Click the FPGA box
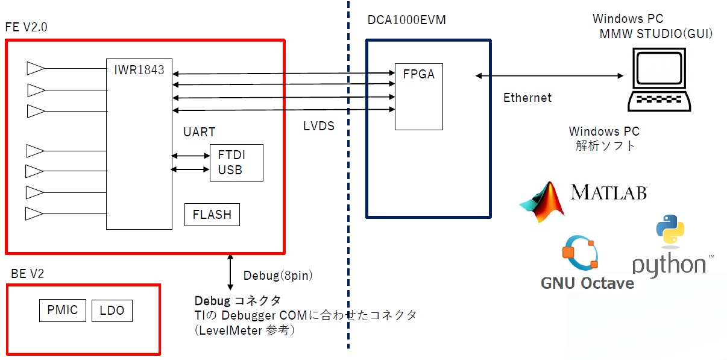419,96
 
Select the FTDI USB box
236,163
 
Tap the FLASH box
212,215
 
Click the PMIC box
63,311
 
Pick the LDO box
112,311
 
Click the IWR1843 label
139,69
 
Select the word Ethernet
527,97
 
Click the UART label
199,132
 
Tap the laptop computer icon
658,81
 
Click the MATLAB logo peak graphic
543,202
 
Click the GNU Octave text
587,283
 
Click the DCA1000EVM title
407,21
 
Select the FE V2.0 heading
26,28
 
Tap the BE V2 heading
28,274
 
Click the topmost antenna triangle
36,69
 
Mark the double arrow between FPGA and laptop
549,75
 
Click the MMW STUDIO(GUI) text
656,34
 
